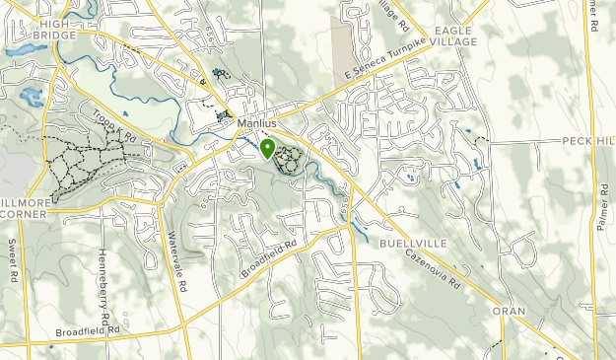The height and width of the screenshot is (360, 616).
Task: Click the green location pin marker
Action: pyautogui.click(x=267, y=149)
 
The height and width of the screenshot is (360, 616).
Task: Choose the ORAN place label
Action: pyautogui.click(x=509, y=311)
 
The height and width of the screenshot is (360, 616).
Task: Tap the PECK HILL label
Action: pyautogui.click(x=588, y=141)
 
